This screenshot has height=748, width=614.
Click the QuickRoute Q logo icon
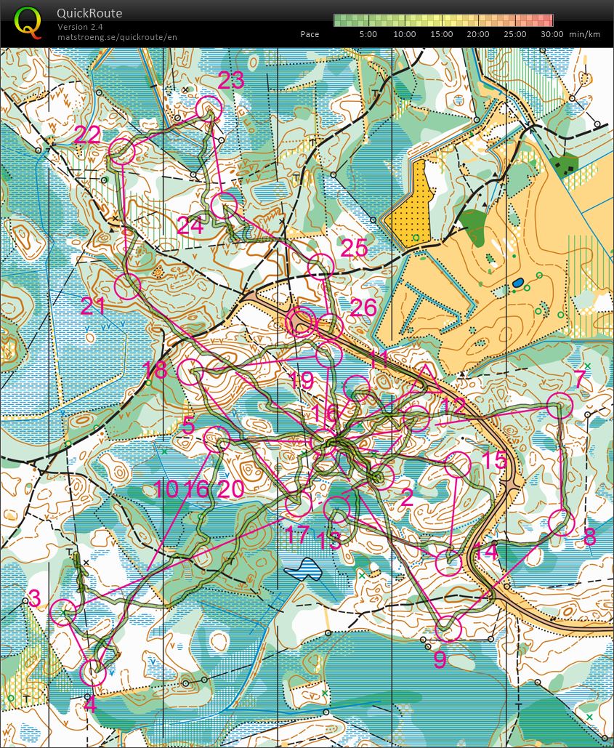pyautogui.click(x=28, y=22)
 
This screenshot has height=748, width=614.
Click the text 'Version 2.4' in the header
pyautogui.click(x=80, y=27)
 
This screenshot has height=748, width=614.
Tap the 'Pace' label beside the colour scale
pyautogui.click(x=310, y=34)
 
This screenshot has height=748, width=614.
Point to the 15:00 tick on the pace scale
pyautogui.click(x=441, y=34)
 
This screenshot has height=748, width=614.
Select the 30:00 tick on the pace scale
pyautogui.click(x=552, y=34)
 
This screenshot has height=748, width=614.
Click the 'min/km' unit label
pyautogui.click(x=584, y=34)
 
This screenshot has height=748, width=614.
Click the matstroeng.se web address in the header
pyautogui.click(x=117, y=37)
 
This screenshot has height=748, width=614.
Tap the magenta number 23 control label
pyautogui.click(x=231, y=81)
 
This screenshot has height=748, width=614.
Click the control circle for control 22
pyautogui.click(x=122, y=151)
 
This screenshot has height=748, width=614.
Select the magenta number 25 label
pyautogui.click(x=355, y=248)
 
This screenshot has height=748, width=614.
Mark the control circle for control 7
pyautogui.click(x=560, y=405)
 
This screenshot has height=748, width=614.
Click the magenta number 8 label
pyautogui.click(x=589, y=537)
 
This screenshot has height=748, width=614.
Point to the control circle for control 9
pyautogui.click(x=449, y=628)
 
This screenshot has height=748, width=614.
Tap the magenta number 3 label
pyautogui.click(x=33, y=598)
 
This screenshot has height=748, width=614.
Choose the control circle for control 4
pyautogui.click(x=93, y=673)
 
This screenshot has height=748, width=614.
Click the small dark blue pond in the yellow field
pyautogui.click(x=517, y=281)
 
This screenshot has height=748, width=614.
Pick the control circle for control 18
pyautogui.click(x=191, y=371)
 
